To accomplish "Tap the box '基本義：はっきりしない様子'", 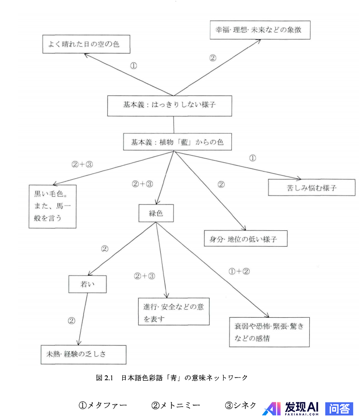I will click(169, 105).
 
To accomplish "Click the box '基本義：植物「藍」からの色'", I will click(178, 142).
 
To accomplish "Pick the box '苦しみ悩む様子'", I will click(312, 187).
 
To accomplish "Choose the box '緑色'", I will click(156, 213).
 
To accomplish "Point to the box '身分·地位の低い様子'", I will click(246, 239).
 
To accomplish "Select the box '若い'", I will click(87, 284).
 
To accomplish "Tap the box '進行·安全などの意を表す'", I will click(174, 312).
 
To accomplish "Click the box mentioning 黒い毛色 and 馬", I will click(53, 206).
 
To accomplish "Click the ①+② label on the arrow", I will click(240, 272).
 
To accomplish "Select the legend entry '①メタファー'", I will click(103, 405).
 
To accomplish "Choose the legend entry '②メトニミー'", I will click(176, 405).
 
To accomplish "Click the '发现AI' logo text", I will click(302, 408).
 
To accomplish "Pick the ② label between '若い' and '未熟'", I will click(71, 320).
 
